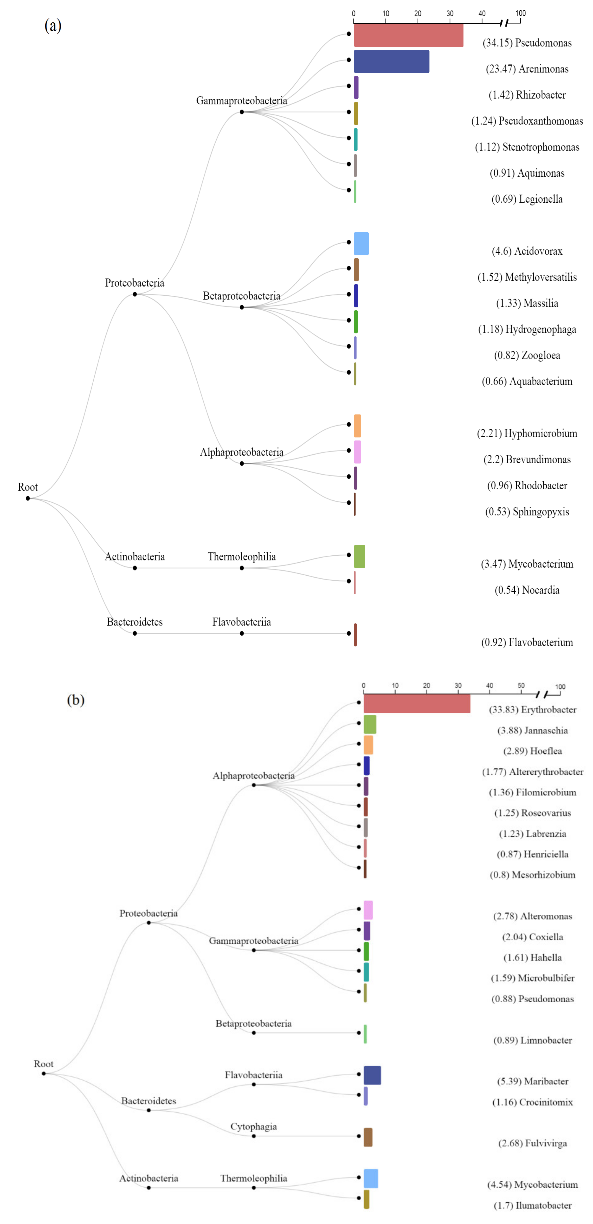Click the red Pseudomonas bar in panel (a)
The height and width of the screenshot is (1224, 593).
click(408, 35)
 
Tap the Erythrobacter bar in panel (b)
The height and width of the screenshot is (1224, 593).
click(417, 703)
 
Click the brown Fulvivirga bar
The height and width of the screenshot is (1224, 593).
click(368, 1137)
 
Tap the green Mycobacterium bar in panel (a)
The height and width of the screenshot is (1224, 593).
click(359, 556)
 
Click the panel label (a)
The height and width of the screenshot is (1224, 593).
click(53, 26)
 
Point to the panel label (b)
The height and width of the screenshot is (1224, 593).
click(76, 700)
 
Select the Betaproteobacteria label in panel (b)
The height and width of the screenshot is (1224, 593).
click(253, 1024)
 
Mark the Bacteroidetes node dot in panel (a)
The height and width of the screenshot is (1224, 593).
click(135, 633)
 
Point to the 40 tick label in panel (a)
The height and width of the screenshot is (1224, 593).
click(482, 13)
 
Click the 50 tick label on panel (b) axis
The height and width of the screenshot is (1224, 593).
click(521, 686)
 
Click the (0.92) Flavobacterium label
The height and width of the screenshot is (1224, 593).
click(527, 642)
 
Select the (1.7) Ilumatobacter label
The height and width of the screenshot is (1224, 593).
click(532, 1205)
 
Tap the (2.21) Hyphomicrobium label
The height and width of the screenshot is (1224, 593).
click(527, 433)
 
